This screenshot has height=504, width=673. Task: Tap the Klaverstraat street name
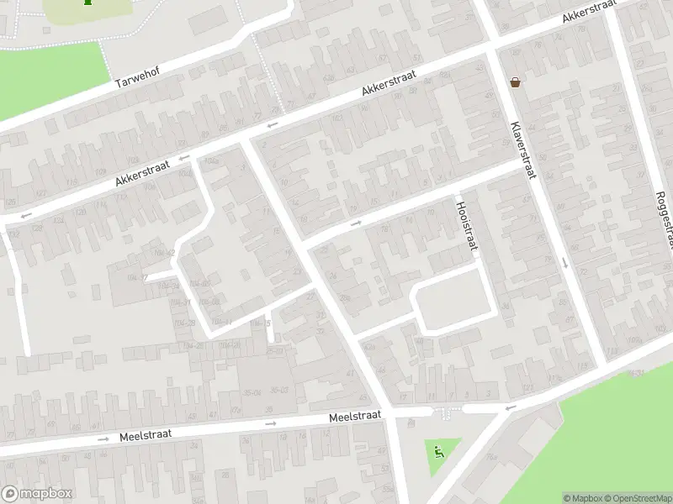[522, 150]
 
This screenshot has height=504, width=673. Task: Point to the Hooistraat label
[466, 225]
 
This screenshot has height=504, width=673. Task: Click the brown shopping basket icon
[514, 81]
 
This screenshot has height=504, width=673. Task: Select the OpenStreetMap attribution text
[637, 498]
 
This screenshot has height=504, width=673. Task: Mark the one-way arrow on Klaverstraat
[564, 263]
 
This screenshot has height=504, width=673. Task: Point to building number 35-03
[278, 389]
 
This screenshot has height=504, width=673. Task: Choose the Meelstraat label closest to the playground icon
[355, 415]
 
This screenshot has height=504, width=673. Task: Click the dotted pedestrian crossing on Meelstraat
[444, 412]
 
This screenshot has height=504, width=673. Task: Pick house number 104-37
[136, 277]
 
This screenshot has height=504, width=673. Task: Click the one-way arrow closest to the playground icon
[508, 407]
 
